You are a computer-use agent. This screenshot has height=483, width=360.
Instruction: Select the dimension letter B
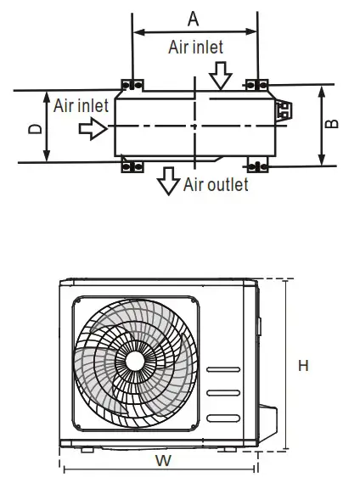tap(334, 123)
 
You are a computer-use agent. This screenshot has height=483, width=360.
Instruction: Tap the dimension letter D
tap(33, 128)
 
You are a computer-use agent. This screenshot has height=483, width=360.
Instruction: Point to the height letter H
tap(303, 366)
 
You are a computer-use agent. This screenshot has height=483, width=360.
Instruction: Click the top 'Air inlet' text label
tap(197, 48)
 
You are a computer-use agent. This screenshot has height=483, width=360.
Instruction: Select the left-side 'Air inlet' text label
tap(82, 105)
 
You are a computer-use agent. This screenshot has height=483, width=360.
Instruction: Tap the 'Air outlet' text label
tap(216, 184)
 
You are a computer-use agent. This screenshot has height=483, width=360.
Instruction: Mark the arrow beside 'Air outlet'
tap(168, 180)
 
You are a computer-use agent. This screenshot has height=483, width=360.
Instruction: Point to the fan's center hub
tap(134, 360)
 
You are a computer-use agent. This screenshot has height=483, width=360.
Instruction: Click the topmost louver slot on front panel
tap(223, 369)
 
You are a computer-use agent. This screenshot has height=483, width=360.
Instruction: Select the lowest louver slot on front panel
tap(223, 413)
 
